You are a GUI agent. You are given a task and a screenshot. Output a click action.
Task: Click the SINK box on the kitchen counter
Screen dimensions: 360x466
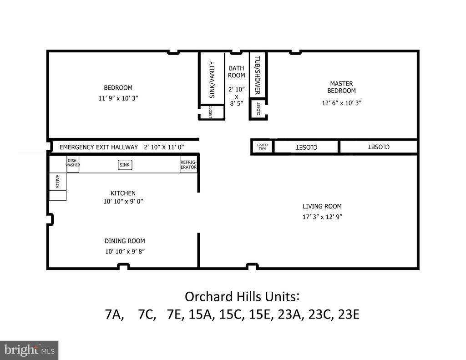click(x=125, y=165)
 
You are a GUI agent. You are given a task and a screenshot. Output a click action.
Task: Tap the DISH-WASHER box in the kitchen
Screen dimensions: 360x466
click(x=73, y=164)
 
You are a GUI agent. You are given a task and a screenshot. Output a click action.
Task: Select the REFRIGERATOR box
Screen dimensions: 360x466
click(x=188, y=165)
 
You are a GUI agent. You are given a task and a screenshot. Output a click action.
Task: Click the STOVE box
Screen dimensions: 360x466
click(x=58, y=182)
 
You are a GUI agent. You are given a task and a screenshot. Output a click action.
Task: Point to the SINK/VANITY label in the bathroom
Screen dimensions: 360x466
click(x=212, y=80)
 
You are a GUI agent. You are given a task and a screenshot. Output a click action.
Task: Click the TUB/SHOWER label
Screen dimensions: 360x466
click(x=257, y=75)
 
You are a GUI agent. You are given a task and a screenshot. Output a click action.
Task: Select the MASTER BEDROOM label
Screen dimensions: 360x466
click(x=341, y=87)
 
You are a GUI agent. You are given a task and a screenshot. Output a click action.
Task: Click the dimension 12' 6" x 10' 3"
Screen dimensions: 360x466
click(x=341, y=103)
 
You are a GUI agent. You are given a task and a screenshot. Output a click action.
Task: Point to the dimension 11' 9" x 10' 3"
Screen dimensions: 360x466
click(x=118, y=98)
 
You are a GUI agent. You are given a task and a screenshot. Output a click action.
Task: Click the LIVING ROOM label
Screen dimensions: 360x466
click(x=322, y=206)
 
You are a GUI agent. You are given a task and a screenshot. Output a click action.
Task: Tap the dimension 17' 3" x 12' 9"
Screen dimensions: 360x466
click(x=322, y=217)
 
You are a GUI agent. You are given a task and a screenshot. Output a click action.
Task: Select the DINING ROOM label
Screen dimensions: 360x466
click(x=125, y=241)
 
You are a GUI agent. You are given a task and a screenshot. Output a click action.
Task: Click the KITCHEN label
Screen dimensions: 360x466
click(x=123, y=193)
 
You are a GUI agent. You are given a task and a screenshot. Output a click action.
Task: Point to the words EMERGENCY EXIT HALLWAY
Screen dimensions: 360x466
click(x=99, y=147)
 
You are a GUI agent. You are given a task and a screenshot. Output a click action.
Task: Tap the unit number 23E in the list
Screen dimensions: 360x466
click(x=349, y=314)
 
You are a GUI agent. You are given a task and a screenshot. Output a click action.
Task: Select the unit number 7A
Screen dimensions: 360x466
click(x=114, y=314)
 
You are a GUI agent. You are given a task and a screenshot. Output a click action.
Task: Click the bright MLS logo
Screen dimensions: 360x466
click(x=29, y=350)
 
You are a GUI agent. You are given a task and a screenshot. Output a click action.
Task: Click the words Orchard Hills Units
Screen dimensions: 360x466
click(x=241, y=296)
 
